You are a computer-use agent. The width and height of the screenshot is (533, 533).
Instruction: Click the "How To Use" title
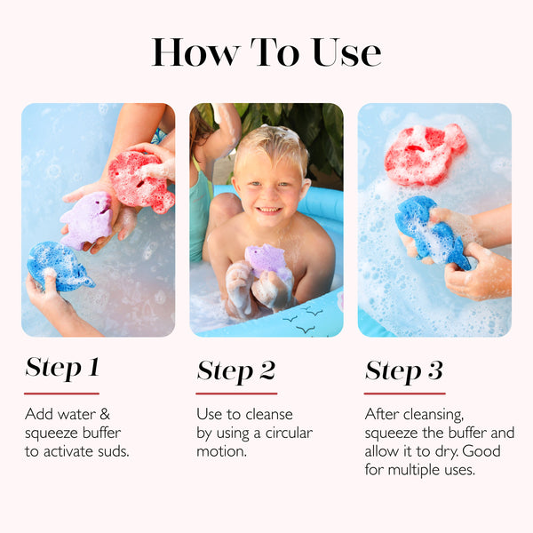266,52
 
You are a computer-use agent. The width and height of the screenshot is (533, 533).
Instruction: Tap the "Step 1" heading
62,368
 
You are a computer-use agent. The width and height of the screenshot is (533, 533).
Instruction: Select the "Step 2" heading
236,370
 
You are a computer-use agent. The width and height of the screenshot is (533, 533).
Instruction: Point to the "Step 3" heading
404,370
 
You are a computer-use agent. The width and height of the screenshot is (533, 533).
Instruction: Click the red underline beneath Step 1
61,394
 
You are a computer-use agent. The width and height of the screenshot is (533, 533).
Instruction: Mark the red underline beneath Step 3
404,394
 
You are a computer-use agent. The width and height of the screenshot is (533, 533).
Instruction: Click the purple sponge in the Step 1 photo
86,220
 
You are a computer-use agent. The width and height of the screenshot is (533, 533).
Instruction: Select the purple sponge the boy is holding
268,259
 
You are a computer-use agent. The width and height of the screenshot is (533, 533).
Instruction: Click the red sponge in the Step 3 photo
425,155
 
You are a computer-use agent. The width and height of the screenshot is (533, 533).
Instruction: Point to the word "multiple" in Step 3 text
414,470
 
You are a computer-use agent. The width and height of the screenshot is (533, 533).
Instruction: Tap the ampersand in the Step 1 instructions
105,414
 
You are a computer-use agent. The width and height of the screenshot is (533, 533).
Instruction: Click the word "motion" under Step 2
221,451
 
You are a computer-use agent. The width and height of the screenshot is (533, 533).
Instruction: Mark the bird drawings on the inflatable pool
303,319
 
